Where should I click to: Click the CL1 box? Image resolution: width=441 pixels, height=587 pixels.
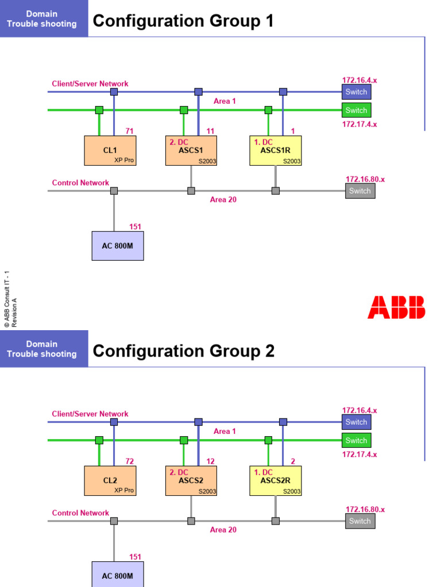click(110, 150)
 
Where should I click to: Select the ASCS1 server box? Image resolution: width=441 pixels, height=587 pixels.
click(191, 150)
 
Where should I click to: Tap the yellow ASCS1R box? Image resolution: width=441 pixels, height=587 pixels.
click(275, 150)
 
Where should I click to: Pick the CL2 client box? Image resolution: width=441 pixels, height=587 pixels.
click(110, 480)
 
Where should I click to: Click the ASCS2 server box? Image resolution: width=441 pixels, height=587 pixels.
click(191, 480)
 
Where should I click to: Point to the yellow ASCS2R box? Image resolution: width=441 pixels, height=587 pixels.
click(275, 480)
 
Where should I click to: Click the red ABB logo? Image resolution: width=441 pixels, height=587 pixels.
click(396, 307)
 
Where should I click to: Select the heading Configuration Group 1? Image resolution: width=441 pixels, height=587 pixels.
click(183, 21)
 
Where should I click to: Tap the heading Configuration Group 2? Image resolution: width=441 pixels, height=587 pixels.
click(183, 351)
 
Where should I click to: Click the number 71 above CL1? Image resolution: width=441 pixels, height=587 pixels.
click(129, 131)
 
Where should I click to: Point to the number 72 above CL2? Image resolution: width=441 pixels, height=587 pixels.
click(129, 461)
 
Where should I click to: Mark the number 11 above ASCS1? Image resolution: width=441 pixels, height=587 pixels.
click(210, 131)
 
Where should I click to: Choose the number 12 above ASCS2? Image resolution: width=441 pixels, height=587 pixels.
click(210, 461)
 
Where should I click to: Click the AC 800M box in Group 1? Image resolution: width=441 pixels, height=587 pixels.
click(118, 246)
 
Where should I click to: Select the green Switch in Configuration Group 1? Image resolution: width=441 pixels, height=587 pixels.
click(356, 110)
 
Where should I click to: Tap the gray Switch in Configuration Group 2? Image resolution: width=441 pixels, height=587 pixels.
click(360, 521)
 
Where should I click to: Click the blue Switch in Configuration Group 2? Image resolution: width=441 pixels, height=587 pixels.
click(356, 422)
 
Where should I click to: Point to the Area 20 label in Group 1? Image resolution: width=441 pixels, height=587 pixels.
click(223, 200)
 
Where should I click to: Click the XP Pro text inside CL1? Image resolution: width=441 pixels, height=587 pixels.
click(124, 161)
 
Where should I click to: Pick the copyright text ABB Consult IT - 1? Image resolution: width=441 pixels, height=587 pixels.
click(6, 298)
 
